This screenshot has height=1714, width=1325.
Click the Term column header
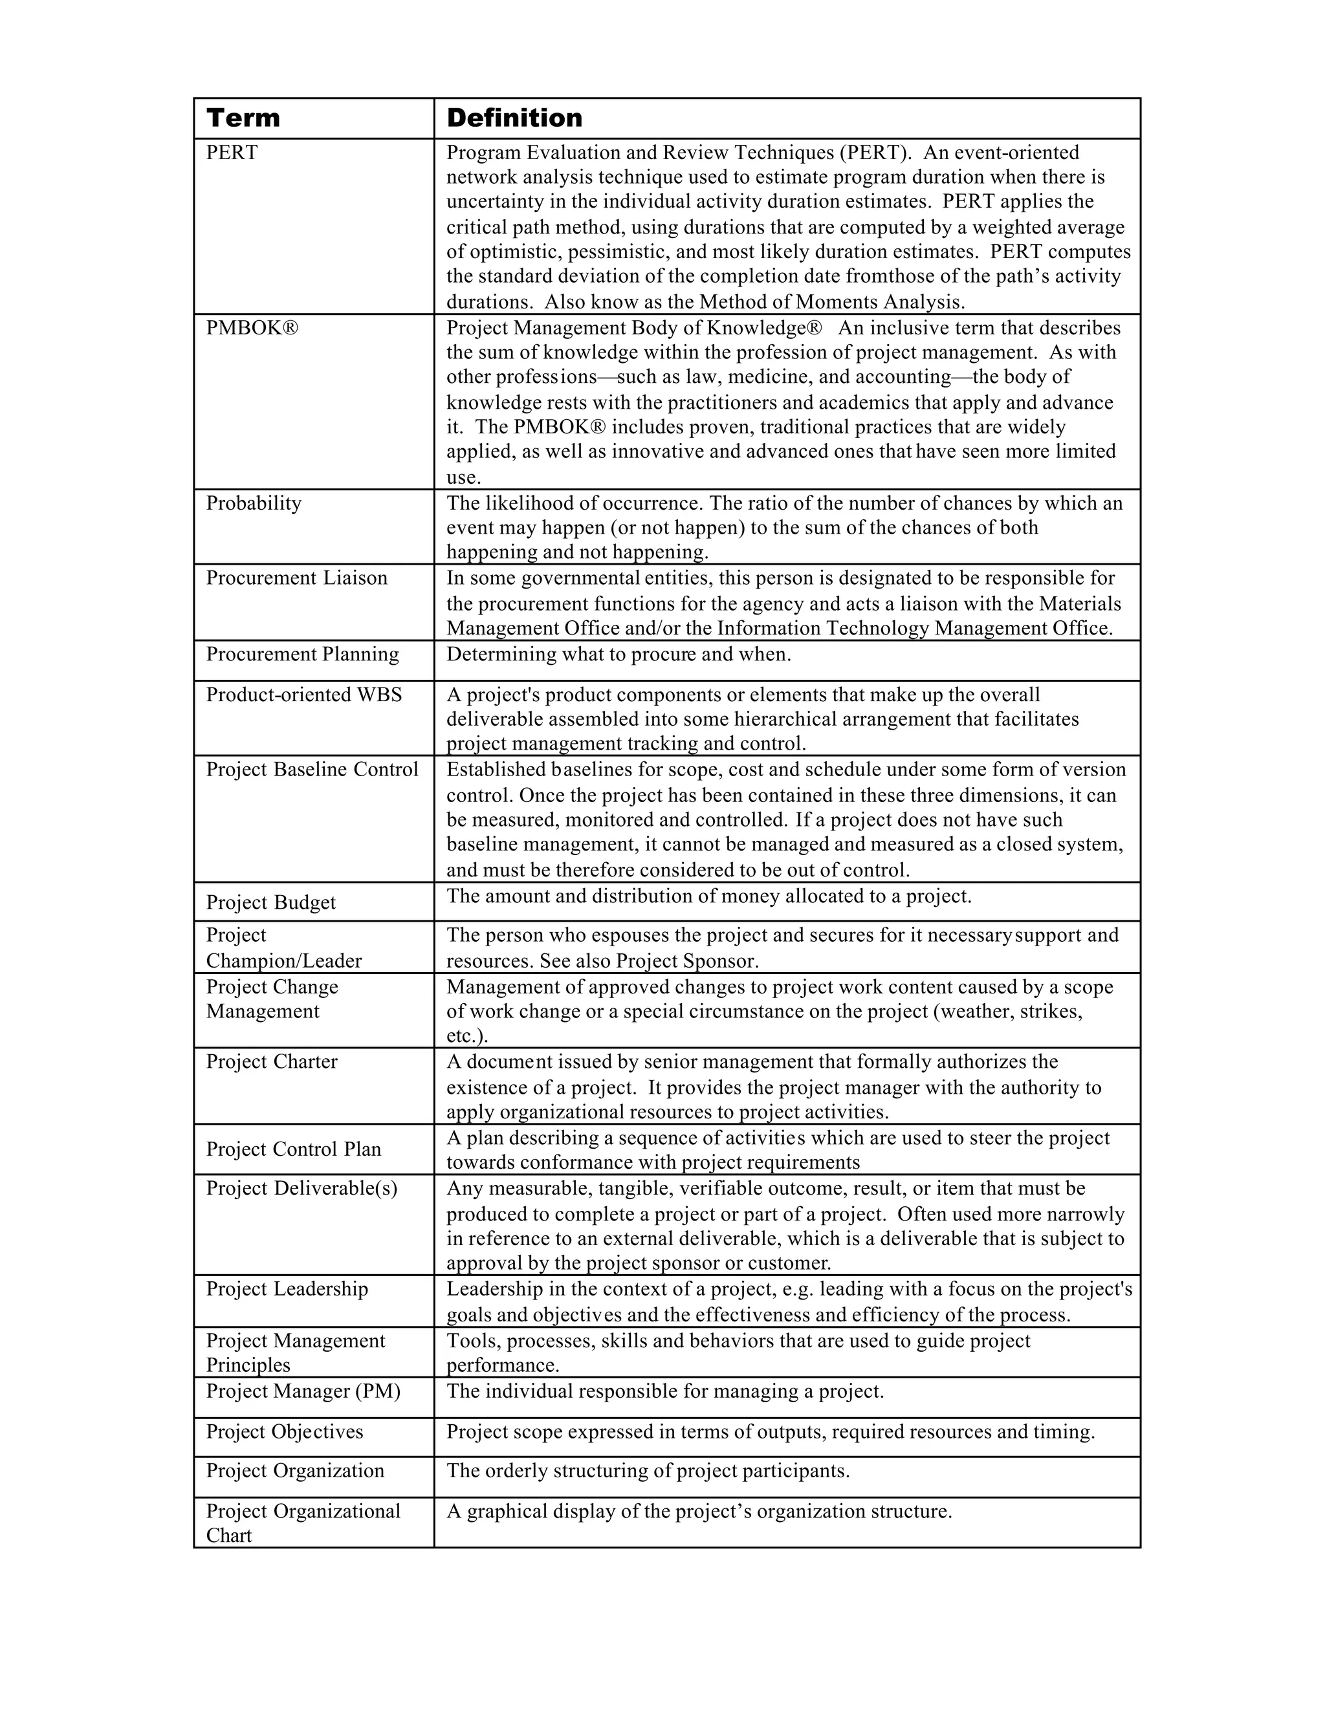(x=243, y=118)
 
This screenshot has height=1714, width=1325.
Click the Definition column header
(x=514, y=118)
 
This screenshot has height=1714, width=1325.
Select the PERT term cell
(x=232, y=153)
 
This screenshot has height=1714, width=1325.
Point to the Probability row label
(x=254, y=503)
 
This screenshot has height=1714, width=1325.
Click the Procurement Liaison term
(x=297, y=578)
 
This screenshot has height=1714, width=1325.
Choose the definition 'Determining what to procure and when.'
(x=619, y=655)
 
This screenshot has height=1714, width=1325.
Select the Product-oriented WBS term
(x=304, y=695)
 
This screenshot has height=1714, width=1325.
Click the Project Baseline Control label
(x=312, y=770)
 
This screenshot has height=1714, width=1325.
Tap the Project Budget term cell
(x=271, y=904)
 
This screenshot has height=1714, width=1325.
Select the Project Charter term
(x=272, y=1063)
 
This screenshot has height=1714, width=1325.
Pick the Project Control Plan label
(x=294, y=1150)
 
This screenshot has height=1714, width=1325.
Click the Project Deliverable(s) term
(x=301, y=1189)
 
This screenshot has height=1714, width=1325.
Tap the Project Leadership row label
(x=287, y=1290)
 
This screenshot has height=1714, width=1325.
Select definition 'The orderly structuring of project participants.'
(x=648, y=1471)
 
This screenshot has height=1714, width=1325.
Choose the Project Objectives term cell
(x=284, y=1432)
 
